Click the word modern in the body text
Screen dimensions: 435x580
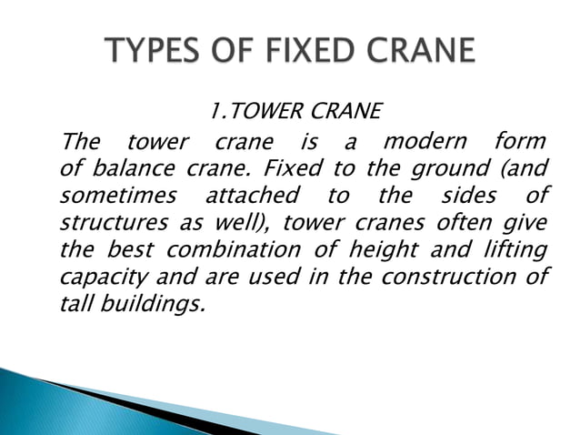[x=425, y=143]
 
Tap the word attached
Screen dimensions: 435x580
[x=253, y=197]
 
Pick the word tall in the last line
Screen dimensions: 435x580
[x=75, y=304]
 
